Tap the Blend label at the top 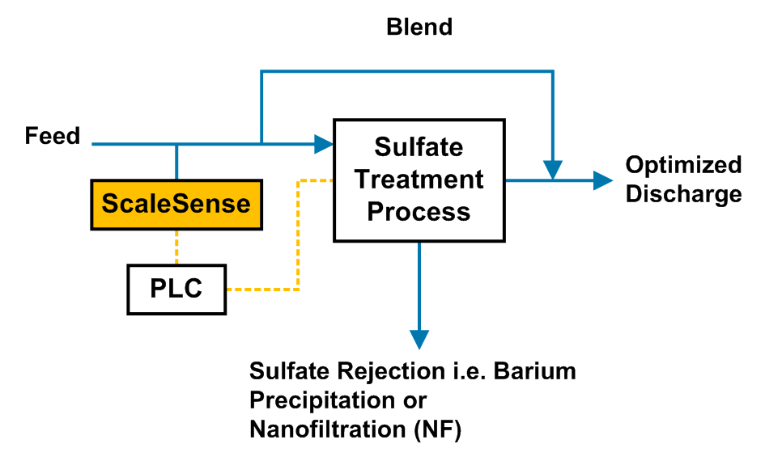point(419,27)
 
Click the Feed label point(53,136)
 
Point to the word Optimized point(683,165)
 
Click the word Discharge point(683,194)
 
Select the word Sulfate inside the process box point(419,147)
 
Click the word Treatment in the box point(419,179)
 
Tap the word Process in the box point(419,211)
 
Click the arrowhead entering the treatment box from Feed point(325,144)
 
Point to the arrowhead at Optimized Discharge point(603,180)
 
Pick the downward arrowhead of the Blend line point(553,171)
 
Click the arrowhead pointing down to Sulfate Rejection point(419,339)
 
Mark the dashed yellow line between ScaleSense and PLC point(176,246)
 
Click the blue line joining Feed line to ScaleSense point(176,162)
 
